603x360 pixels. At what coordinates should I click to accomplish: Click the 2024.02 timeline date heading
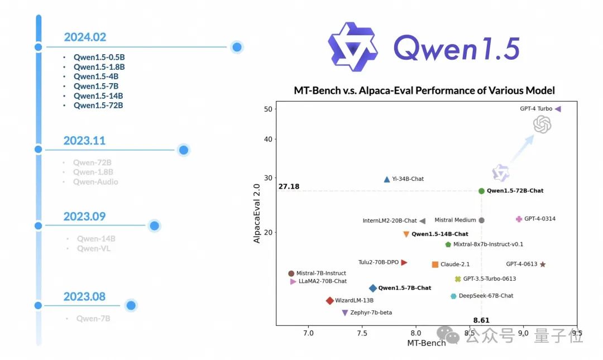pyautogui.click(x=85, y=37)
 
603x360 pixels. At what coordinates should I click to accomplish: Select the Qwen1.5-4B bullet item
pyautogui.click(x=95, y=76)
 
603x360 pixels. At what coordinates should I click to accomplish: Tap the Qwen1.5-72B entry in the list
pyautogui.click(x=98, y=105)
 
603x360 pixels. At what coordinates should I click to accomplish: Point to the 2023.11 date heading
pyautogui.click(x=84, y=141)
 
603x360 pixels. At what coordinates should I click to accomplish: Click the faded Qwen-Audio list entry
pyautogui.click(x=95, y=181)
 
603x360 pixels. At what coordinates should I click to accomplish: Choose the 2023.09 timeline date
pyautogui.click(x=84, y=217)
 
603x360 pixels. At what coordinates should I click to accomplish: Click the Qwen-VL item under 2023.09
pyautogui.click(x=94, y=248)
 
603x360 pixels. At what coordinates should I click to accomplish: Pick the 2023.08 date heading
pyautogui.click(x=84, y=296)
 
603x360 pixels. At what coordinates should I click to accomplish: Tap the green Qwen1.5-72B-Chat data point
pyautogui.click(x=481, y=191)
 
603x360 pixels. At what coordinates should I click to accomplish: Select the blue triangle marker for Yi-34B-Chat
pyautogui.click(x=387, y=179)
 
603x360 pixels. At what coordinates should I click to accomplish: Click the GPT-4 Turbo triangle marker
pyautogui.click(x=558, y=109)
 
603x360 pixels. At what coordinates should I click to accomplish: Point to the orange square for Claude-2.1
pyautogui.click(x=435, y=265)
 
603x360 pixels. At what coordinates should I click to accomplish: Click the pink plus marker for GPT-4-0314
pyautogui.click(x=519, y=219)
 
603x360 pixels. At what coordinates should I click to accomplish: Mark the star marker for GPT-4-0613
pyautogui.click(x=542, y=265)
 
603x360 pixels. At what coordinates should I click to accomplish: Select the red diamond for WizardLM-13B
pyautogui.click(x=329, y=301)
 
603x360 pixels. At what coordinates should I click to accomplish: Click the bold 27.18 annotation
pyautogui.click(x=289, y=186)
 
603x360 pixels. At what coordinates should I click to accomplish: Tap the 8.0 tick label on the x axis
pyautogui.click(x=415, y=333)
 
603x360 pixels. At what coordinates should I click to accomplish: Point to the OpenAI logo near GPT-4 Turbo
pyautogui.click(x=542, y=124)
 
